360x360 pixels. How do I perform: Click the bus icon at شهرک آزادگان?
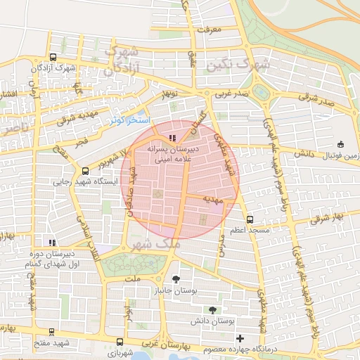click(x=53, y=58)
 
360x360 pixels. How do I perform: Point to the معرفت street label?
click(x=210, y=30)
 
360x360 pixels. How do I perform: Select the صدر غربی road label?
click(x=232, y=92)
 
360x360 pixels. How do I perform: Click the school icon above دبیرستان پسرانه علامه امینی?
click(x=173, y=138)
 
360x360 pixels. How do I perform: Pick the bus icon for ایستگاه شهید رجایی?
click(x=86, y=170)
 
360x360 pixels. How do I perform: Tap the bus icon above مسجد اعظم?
click(x=250, y=220)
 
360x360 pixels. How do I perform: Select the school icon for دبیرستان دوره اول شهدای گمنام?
click(x=51, y=243)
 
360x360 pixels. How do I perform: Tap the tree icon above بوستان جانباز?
click(x=175, y=279)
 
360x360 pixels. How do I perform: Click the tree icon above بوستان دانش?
click(x=212, y=309)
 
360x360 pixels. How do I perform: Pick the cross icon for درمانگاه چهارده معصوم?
click(x=240, y=338)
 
